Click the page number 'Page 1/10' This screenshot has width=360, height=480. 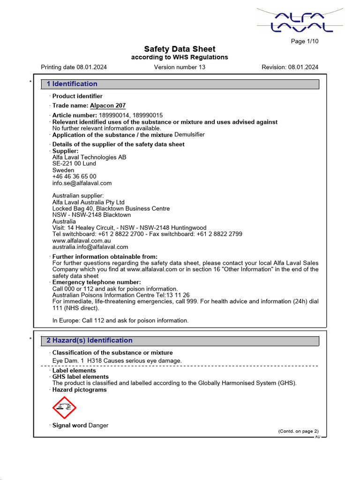tap(304, 41)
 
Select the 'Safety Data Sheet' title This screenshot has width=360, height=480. tap(180, 49)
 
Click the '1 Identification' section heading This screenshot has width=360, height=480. tap(72, 84)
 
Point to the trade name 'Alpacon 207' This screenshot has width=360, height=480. tap(108, 106)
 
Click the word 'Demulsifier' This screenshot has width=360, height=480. tap(189, 135)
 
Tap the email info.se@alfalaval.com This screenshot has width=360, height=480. tap(82, 183)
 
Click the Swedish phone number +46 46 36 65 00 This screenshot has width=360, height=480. tap(74, 177)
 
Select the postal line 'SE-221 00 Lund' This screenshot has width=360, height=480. tap(74, 164)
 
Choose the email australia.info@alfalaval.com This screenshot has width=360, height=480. tap(90, 247)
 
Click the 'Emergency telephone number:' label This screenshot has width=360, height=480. tap(96, 282)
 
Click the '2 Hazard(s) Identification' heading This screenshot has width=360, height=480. tap(89, 340)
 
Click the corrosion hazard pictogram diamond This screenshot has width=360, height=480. tap(64, 408)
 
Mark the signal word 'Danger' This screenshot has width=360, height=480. tap(98, 426)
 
